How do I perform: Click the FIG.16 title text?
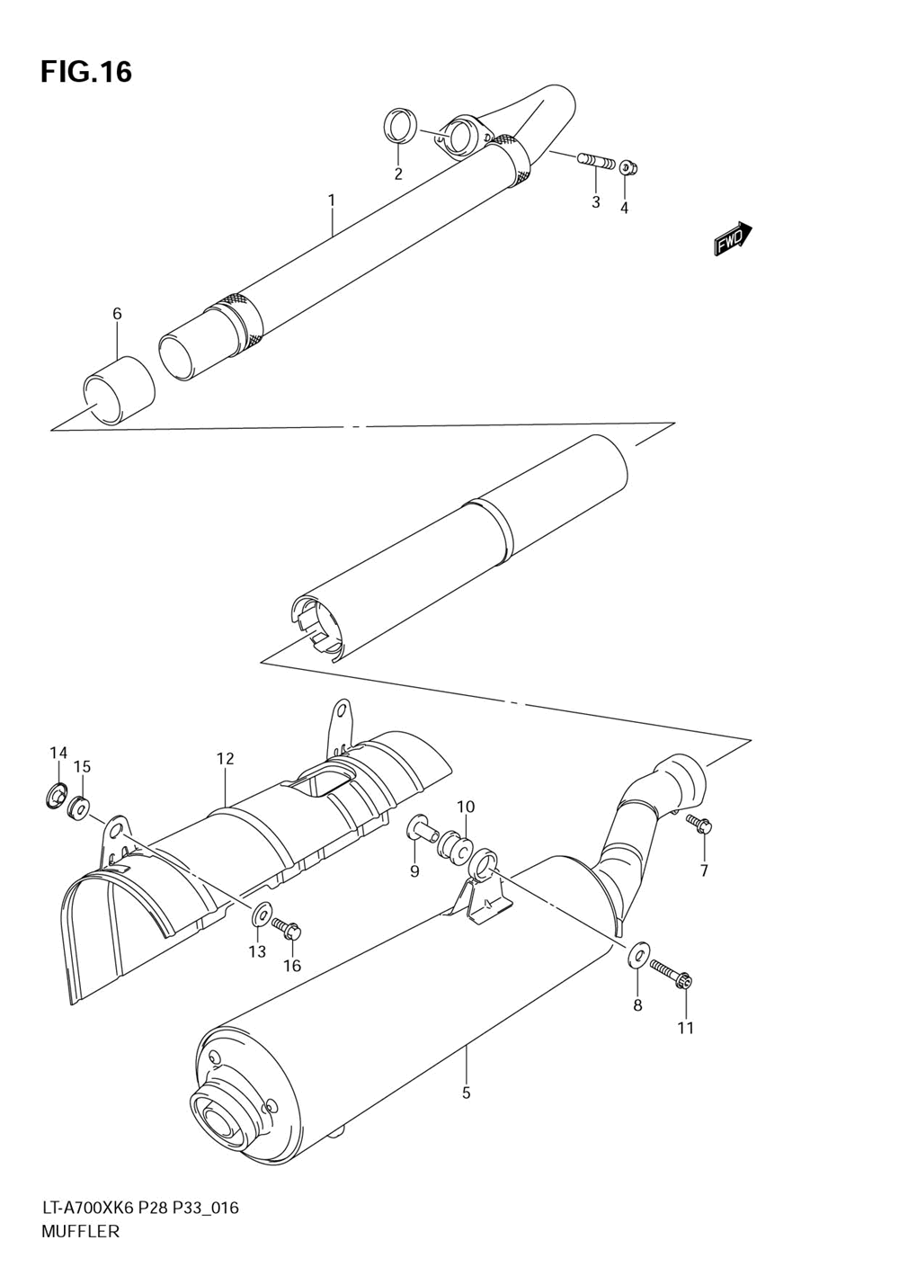(x=86, y=72)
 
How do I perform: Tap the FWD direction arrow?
(x=734, y=238)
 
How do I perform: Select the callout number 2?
(x=398, y=174)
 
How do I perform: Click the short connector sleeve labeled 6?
(x=119, y=390)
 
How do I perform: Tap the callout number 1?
(x=331, y=201)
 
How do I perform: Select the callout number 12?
(x=226, y=758)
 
